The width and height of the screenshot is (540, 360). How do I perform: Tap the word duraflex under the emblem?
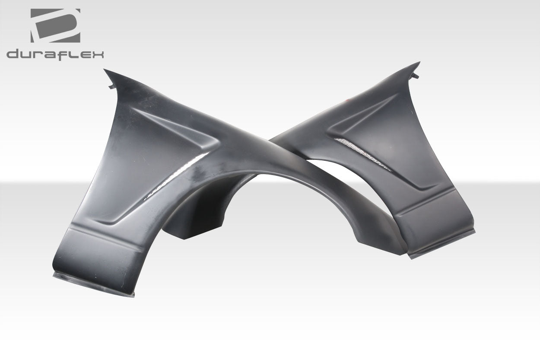pos(55,54)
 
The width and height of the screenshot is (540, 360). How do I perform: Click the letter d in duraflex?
pos(13,54)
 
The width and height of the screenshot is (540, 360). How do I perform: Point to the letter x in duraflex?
pos(98,54)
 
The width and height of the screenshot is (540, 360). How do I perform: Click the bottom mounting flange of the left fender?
pos(93,285)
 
